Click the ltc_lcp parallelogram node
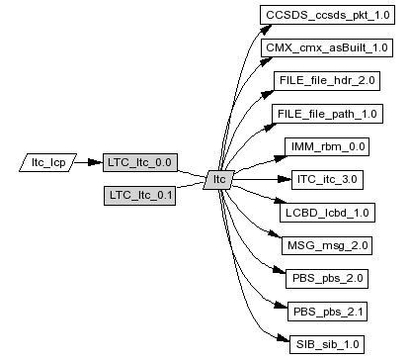tap(48, 162)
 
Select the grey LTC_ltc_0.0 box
tap(140, 162)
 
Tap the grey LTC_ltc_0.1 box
tap(139, 196)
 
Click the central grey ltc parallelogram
tap(219, 180)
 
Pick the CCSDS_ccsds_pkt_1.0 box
tap(327, 15)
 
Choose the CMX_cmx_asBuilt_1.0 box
tap(327, 47)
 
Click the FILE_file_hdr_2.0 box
tap(327, 81)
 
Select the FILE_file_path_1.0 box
tap(327, 114)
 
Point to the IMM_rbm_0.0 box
tap(327, 146)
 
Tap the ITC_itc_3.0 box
tap(327, 180)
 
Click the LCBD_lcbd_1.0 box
tap(327, 213)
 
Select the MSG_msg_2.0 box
tap(327, 245)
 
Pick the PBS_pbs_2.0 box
tap(327, 279)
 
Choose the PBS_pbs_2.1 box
tap(327, 312)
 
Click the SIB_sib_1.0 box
tap(327, 344)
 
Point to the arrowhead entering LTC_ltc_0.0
tap(96, 162)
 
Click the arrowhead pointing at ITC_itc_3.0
tap(285, 179)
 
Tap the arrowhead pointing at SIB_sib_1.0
tap(284, 338)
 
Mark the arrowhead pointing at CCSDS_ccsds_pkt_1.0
tap(266, 30)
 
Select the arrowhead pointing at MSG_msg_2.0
tap(275, 233)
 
